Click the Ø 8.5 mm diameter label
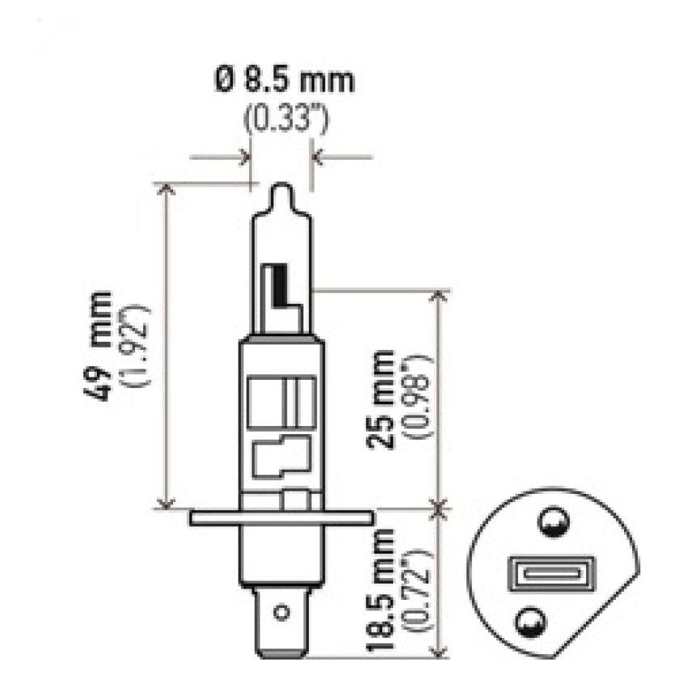click(284, 81)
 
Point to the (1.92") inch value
click(133, 345)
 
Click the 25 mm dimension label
click(380, 400)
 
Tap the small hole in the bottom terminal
click(281, 613)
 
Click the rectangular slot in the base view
click(550, 576)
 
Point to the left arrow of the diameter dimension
click(243, 157)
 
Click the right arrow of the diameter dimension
click(318, 157)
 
